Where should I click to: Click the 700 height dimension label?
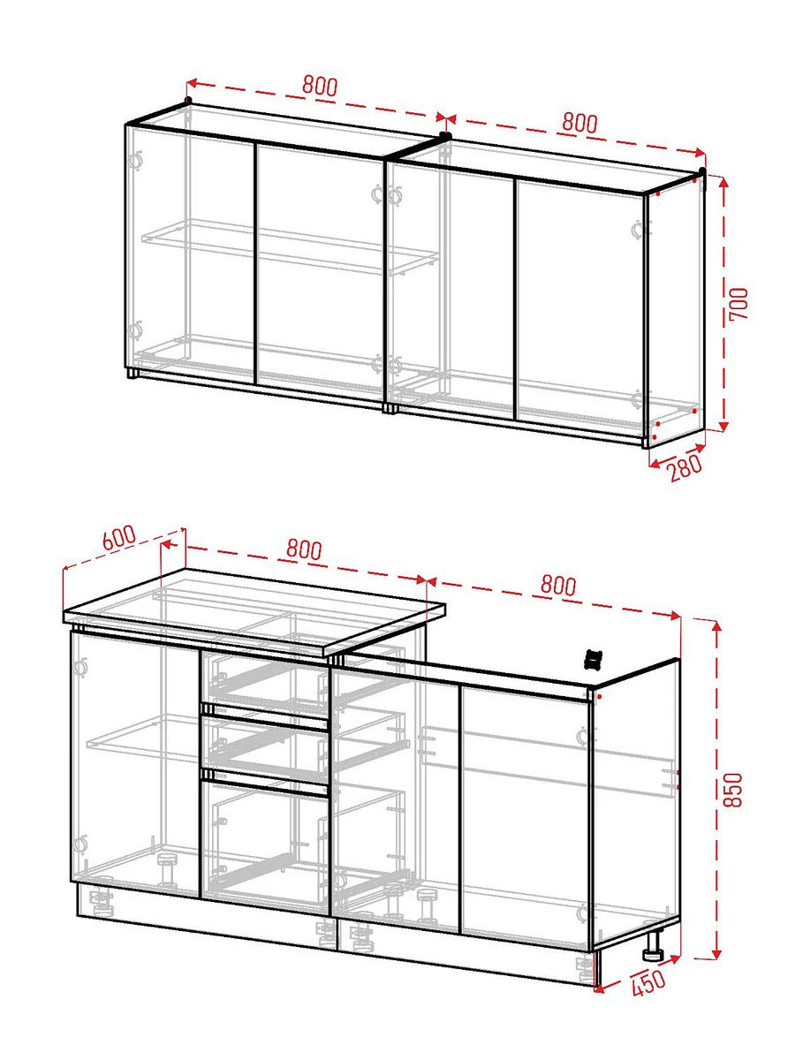(x=738, y=303)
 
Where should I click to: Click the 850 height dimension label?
(x=733, y=790)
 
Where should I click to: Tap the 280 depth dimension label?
(x=685, y=467)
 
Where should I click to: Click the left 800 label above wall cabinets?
(x=320, y=86)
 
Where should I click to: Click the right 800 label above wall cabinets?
(x=579, y=123)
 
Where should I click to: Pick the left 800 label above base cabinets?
(x=304, y=549)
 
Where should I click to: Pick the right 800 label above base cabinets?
(x=558, y=585)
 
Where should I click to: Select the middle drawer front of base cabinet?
(x=265, y=750)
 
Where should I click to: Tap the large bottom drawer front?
(x=265, y=849)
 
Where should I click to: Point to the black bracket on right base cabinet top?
(x=594, y=659)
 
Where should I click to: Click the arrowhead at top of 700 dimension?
(x=723, y=182)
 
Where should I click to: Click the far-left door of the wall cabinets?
(x=190, y=255)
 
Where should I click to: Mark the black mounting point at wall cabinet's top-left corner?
(x=188, y=100)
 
